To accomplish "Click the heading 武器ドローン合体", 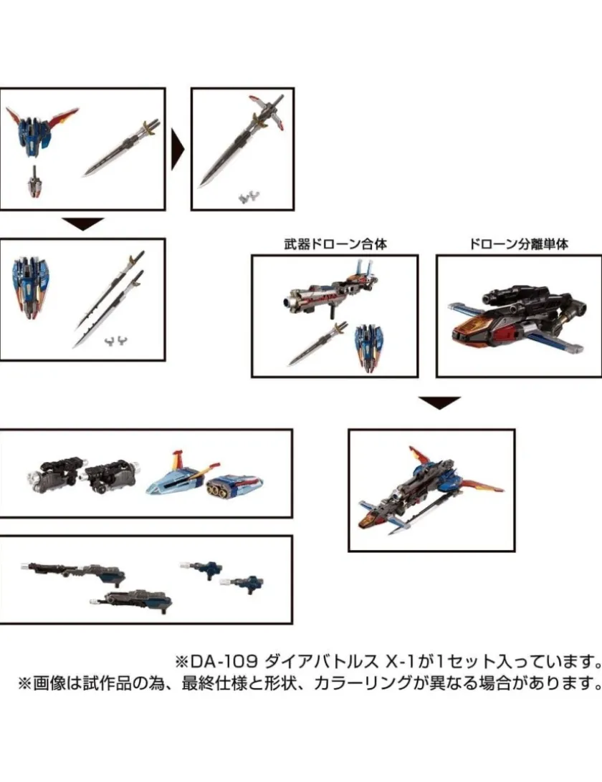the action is coord(335,244).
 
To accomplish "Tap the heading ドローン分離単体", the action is coord(519,244).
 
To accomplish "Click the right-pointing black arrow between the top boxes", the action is coord(178,149).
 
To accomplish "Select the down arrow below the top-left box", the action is coord(83,224).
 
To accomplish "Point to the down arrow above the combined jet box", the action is coord(439,402).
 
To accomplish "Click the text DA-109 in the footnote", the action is coord(223,662).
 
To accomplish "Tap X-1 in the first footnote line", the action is coord(403,662).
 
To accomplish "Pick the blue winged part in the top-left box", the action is coord(41,130).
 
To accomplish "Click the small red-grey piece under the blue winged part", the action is coord(35,183).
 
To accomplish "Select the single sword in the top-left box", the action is coord(121,148).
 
